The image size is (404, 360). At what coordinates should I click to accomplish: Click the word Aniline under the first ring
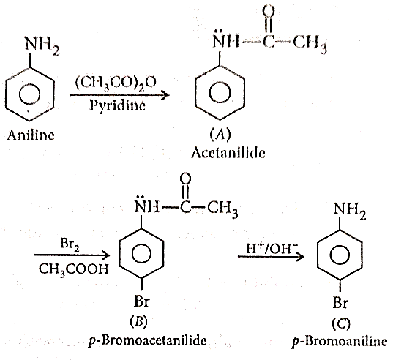coord(31,135)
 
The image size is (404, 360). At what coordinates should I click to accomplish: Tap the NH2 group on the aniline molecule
coord(42,45)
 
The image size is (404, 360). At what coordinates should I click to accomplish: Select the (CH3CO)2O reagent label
coord(116,83)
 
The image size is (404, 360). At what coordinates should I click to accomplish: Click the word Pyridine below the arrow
coord(117,105)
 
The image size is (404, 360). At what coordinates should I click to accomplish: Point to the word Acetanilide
coord(228,152)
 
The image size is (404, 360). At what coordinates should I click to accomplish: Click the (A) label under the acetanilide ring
coord(220,135)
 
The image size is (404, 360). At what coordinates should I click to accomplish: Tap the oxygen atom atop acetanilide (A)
coord(269,11)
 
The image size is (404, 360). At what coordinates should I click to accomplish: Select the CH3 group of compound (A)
coord(310,43)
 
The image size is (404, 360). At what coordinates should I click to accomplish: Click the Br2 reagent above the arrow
coord(70,244)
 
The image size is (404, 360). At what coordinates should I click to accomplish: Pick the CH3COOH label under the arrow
coord(74,269)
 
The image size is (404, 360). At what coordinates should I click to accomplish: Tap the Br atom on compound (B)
coord(142,301)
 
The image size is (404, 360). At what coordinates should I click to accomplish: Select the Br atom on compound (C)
coord(340,302)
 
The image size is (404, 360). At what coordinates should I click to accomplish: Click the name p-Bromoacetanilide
coord(147,341)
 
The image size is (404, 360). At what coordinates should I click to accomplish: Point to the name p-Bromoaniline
coord(340,342)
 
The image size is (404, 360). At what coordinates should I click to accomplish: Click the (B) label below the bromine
coord(139,321)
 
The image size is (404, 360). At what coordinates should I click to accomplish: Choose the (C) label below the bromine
coord(341,323)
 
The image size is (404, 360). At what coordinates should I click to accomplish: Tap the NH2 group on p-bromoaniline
coord(350,210)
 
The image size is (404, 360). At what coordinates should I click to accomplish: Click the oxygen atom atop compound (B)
coord(185,178)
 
